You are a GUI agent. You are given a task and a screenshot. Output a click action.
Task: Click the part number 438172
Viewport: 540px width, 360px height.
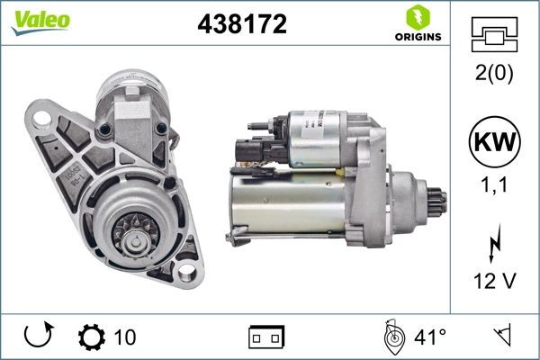point(241,25)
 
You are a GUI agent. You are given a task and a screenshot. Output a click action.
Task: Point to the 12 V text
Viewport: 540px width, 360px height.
point(494,282)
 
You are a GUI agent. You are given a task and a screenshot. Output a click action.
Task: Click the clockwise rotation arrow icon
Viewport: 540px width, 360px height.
point(39,337)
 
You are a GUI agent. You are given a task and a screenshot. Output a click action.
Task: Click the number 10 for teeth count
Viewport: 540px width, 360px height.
point(125,337)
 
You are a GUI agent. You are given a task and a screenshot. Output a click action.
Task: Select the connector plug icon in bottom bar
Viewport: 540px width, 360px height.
point(266,337)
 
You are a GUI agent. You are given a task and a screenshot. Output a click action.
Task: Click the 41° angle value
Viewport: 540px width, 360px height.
point(429,337)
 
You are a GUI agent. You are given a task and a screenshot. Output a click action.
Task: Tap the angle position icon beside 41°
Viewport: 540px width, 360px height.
point(391,337)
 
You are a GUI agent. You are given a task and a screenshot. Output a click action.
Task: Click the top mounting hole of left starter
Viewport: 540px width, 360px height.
point(40,119)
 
